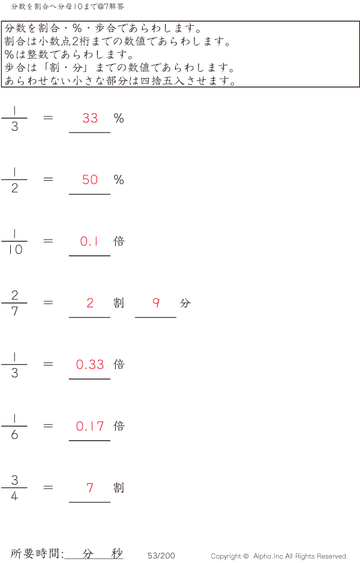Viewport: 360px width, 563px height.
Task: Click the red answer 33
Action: coord(90,118)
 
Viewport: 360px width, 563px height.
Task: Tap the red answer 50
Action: coord(90,180)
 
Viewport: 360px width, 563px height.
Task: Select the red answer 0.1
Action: coord(89,241)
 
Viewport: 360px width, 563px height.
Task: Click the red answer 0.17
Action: coord(90,426)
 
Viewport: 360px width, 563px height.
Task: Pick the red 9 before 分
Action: coord(156,303)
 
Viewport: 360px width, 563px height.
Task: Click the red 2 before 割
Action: coord(90,303)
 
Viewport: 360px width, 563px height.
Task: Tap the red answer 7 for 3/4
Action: coord(90,487)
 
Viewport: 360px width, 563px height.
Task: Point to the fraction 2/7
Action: coord(14,303)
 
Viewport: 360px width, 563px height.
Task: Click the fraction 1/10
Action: coord(14,241)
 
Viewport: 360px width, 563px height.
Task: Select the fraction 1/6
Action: coord(14,426)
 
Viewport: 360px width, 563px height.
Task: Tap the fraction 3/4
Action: coord(14,487)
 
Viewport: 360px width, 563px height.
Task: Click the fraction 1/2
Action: coord(14,180)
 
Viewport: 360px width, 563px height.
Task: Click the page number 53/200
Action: coord(161,555)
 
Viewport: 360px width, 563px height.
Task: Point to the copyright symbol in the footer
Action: coord(246,556)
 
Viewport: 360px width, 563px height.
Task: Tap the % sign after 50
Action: coord(119,180)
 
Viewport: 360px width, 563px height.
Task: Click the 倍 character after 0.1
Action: coord(119,241)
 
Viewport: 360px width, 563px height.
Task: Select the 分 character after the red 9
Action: coord(185,303)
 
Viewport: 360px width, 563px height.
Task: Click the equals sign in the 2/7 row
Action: coord(48,303)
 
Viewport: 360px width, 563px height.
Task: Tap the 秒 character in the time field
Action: coord(117,553)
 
